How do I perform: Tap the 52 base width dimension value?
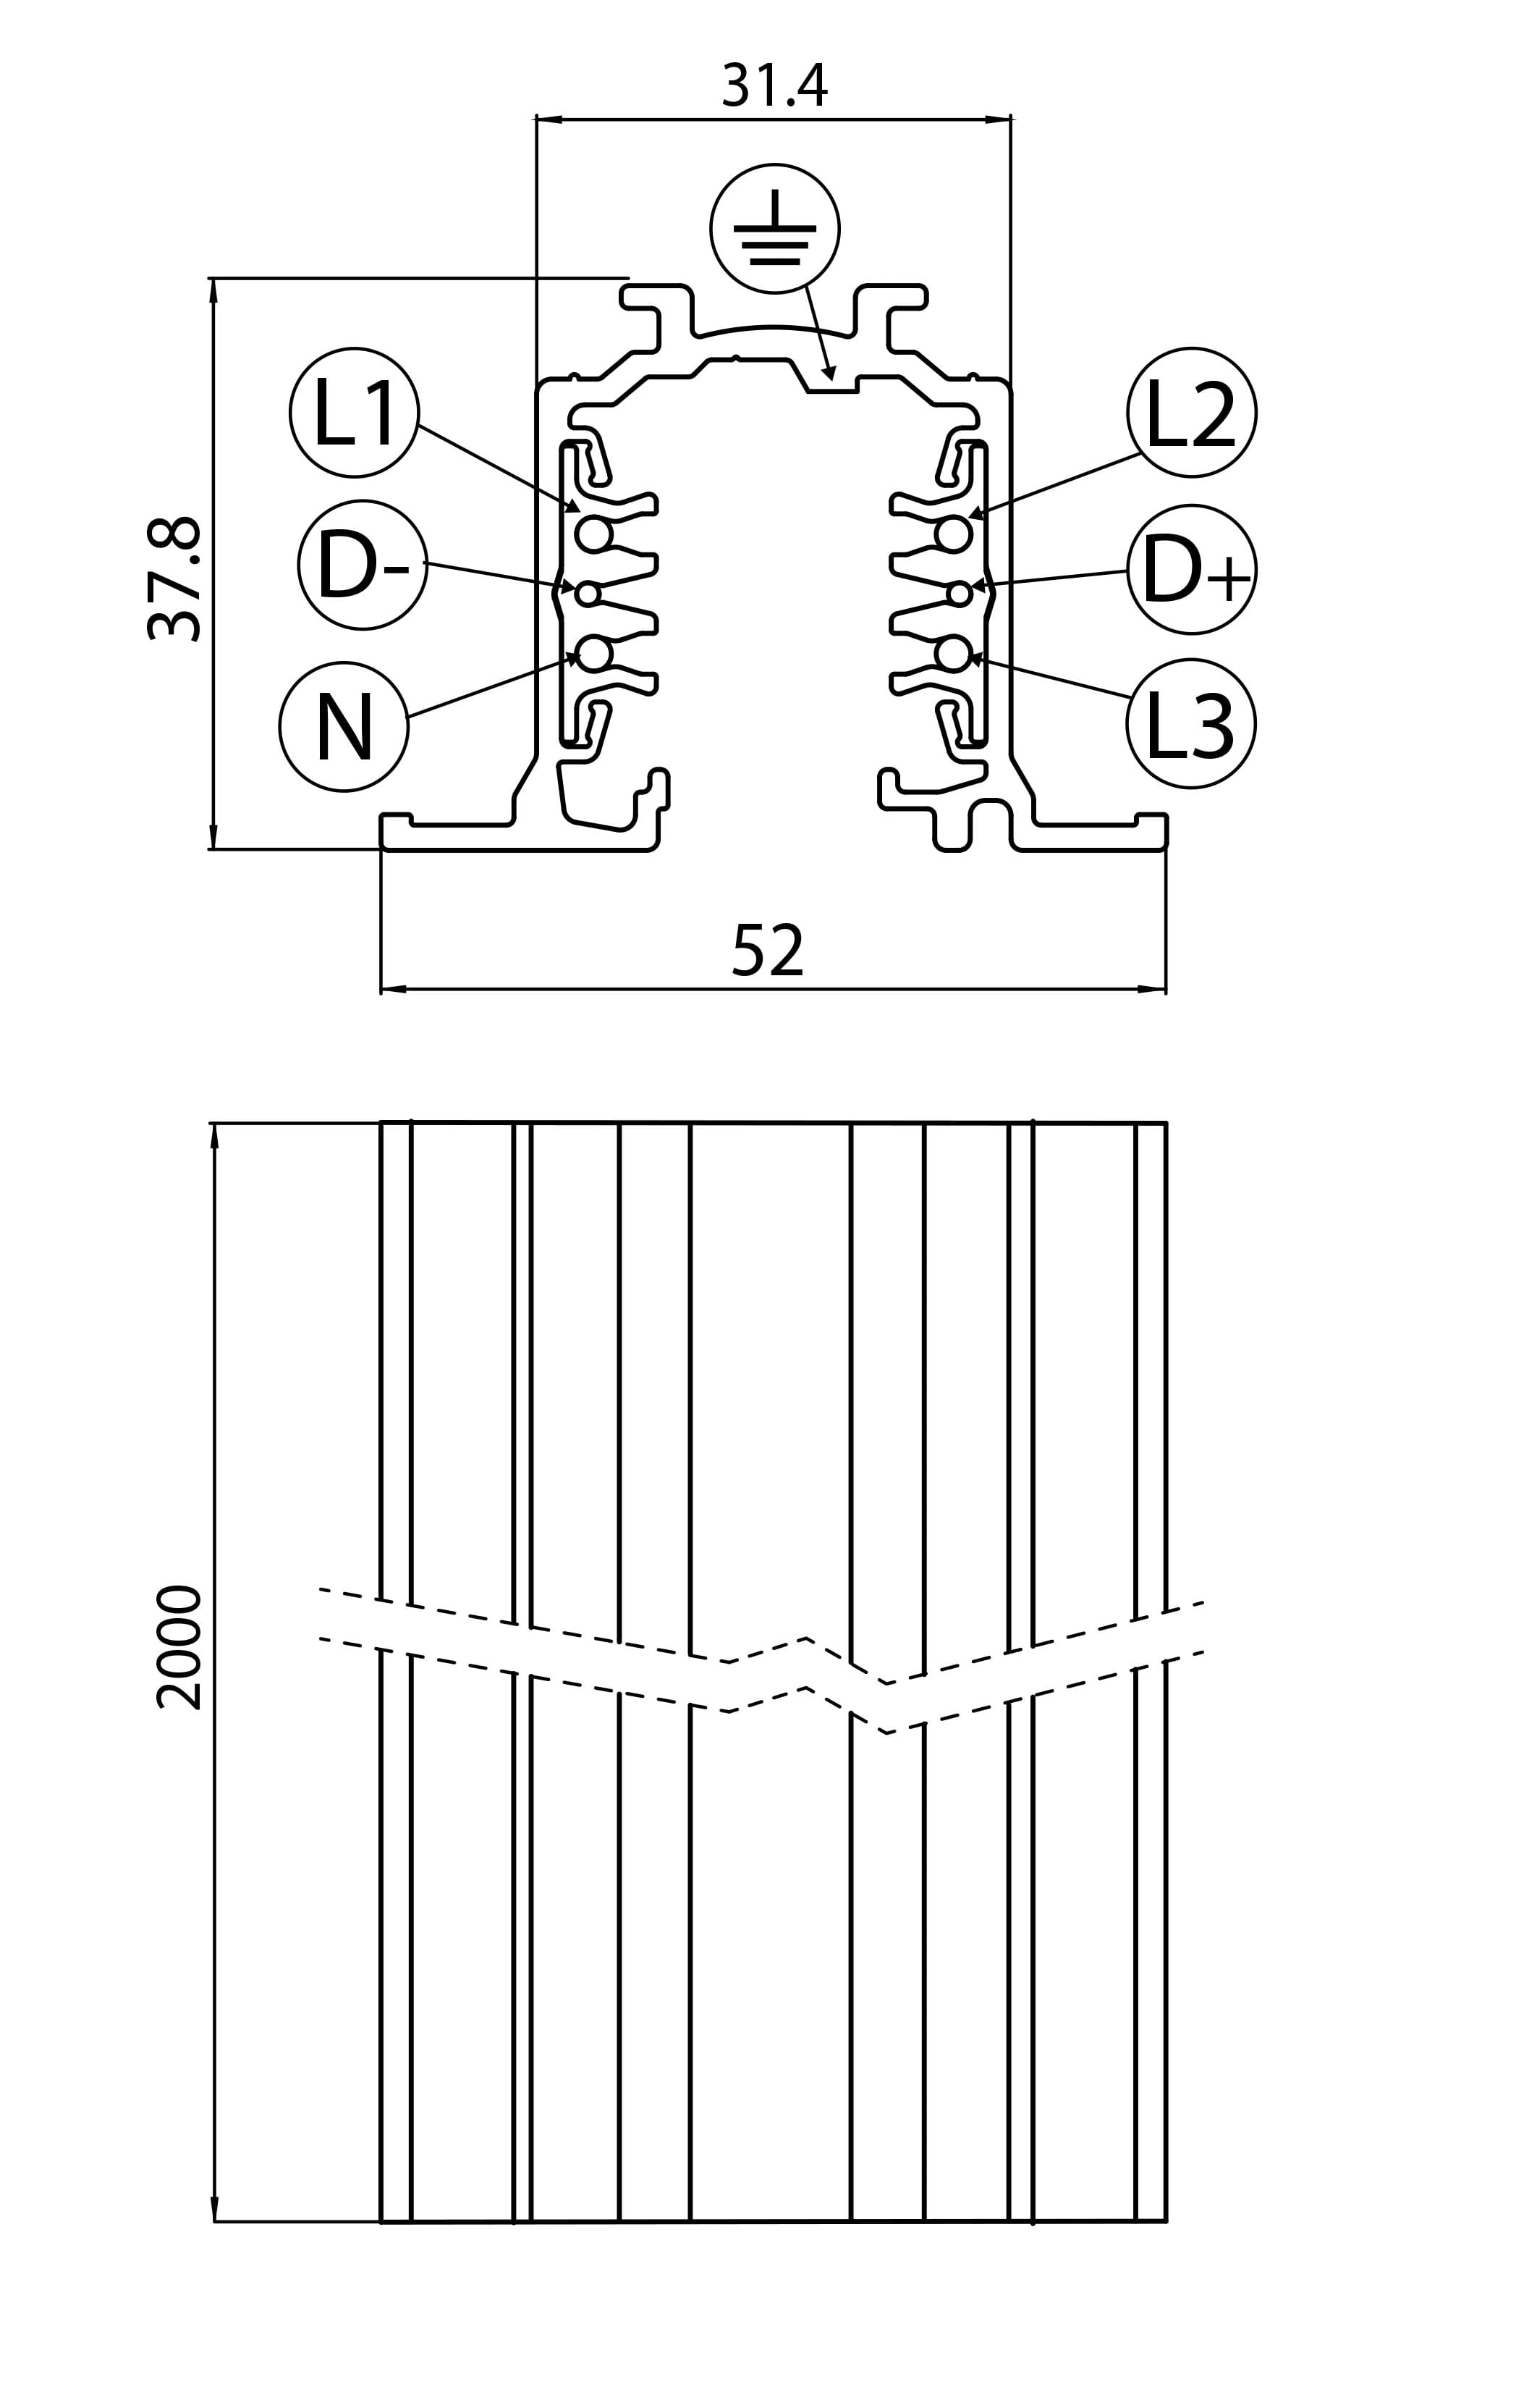[x=768, y=951]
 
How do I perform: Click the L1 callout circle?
[x=355, y=412]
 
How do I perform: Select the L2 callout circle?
[x=1192, y=412]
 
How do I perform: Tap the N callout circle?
[x=344, y=727]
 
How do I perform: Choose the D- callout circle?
[x=363, y=565]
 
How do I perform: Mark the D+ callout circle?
[x=1192, y=569]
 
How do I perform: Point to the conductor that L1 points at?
[x=594, y=534]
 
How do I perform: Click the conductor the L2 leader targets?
[x=953, y=534]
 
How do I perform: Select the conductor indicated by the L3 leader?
[x=953, y=653]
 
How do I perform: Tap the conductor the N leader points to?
[x=594, y=653]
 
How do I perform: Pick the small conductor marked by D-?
[x=588, y=593]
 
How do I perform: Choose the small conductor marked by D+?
[x=959, y=594]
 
